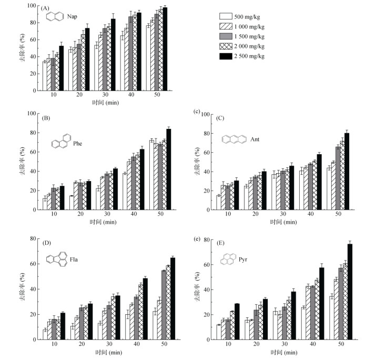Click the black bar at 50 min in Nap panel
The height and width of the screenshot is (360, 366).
165,49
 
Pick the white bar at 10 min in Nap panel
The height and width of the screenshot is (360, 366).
45,76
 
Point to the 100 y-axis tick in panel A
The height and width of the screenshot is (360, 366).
32,6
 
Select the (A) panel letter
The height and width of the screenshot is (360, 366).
46,9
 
